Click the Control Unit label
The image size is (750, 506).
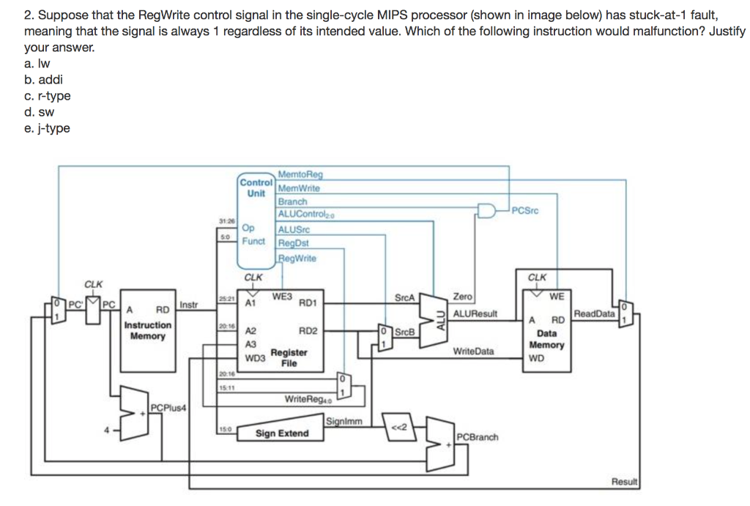click(x=256, y=187)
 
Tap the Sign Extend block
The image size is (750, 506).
click(x=282, y=434)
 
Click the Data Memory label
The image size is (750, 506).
click(x=546, y=338)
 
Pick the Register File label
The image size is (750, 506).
click(x=289, y=357)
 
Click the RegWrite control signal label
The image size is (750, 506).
click(x=297, y=258)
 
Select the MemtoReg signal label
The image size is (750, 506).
click(x=300, y=174)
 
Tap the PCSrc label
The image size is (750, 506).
click(x=525, y=211)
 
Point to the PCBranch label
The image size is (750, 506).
click(x=478, y=437)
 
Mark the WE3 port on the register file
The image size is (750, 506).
click(x=282, y=297)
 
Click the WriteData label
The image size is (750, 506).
click(x=473, y=351)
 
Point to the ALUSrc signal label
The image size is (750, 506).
click(x=294, y=229)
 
